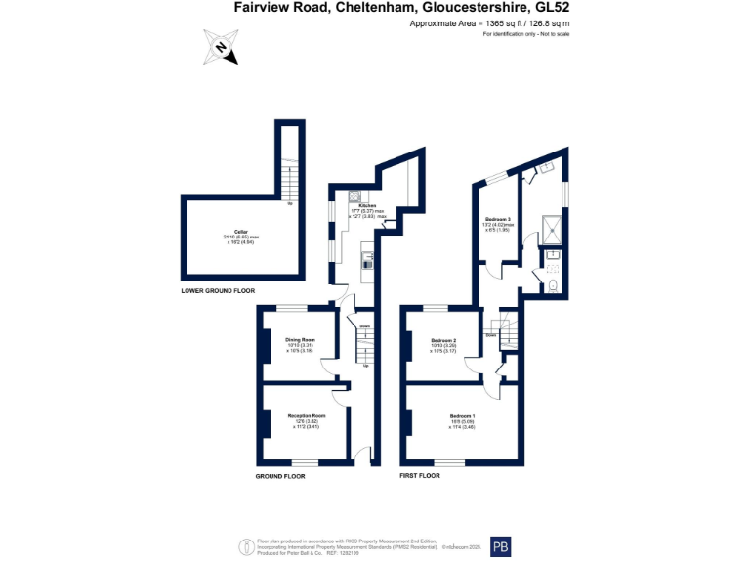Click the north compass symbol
tap(222, 47)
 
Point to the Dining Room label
tap(300, 341)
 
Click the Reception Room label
tap(306, 415)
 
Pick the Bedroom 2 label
tap(444, 341)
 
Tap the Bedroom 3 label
tap(498, 219)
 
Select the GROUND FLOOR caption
tap(280, 476)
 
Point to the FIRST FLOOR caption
tap(420, 475)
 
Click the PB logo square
tap(501, 546)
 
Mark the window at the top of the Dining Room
tap(294, 309)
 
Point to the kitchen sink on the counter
tap(367, 260)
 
